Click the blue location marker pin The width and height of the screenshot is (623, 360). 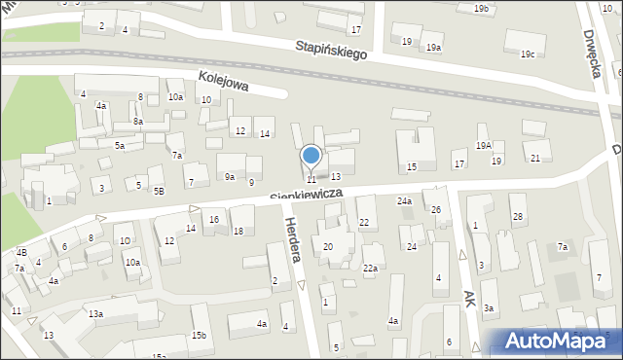311,157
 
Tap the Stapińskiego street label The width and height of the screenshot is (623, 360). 332,50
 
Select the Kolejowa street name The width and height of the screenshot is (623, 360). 223,82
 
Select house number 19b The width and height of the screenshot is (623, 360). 481,9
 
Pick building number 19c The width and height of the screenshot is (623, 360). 528,54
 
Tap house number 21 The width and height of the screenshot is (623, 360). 534,158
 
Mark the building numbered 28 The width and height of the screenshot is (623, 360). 518,215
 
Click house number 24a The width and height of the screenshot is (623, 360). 404,201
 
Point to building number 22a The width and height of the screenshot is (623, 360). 370,268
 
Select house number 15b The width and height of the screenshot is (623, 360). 199,336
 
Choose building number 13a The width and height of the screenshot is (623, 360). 95,314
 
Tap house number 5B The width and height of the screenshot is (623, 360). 159,192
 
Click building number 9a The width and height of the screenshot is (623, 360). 230,177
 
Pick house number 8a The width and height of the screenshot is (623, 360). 138,122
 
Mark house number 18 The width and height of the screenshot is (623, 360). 238,231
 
